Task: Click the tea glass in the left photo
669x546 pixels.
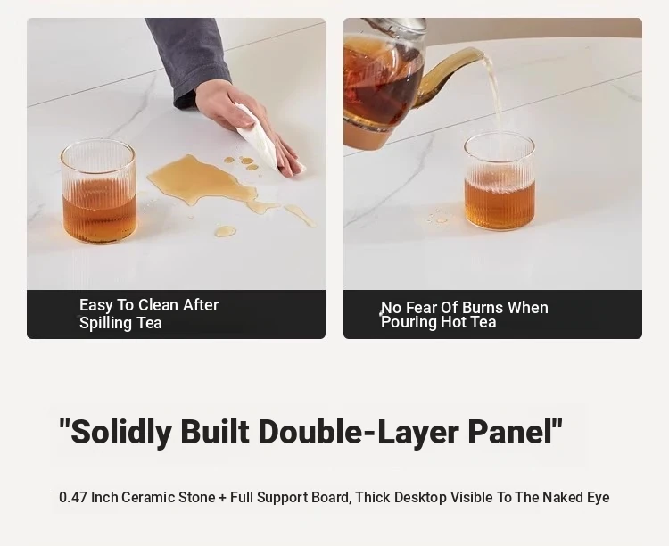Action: click(x=98, y=192)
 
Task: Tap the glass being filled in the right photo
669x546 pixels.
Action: click(x=500, y=182)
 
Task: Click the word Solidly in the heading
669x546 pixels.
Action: click(x=121, y=432)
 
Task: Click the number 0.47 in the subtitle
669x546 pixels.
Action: click(x=73, y=497)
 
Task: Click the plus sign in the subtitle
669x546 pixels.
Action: click(x=222, y=498)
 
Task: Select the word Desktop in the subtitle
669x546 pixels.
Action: click(x=420, y=497)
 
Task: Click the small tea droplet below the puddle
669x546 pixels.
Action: click(x=225, y=231)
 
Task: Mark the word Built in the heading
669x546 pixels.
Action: click(x=215, y=431)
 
